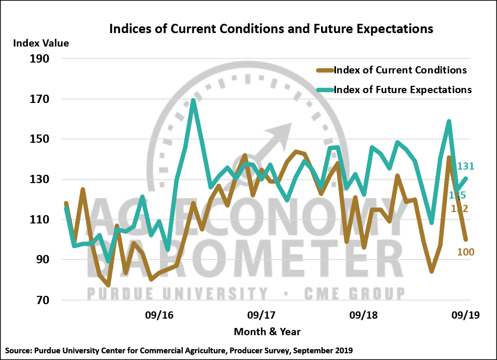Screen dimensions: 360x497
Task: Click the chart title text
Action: (271, 29)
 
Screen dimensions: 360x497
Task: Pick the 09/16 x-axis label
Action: (159, 315)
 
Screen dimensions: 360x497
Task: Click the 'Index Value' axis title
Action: (41, 43)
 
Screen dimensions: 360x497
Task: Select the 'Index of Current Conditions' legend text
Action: (400, 70)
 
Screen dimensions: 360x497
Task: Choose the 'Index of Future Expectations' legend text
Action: (403, 90)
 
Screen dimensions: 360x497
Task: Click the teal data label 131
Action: (465, 167)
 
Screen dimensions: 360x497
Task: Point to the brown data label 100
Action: (465, 252)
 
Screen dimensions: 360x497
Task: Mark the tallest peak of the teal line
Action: (193, 100)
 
